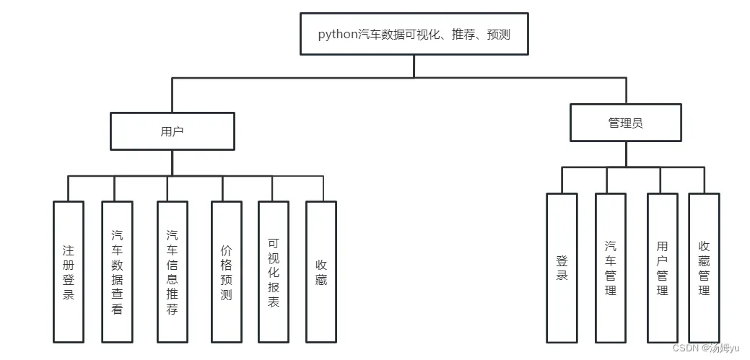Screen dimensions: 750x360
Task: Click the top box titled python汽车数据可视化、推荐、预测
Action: tap(414, 34)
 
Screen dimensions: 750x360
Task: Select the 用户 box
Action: tap(173, 131)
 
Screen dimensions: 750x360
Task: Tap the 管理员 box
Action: tap(626, 123)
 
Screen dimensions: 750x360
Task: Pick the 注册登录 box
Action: tap(69, 272)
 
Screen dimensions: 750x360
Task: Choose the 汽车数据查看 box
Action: tap(117, 272)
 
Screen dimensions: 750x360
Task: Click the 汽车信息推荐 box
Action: tap(173, 272)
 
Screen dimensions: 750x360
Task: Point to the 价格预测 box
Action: tap(226, 272)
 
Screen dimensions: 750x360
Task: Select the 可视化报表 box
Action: tap(274, 272)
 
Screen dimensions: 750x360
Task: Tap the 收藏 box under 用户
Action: tap(321, 272)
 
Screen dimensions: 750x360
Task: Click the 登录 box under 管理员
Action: tap(562, 268)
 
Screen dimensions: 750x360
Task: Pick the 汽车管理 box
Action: tap(611, 268)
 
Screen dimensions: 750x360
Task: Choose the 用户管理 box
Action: tap(663, 268)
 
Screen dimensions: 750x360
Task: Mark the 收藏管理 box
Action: tap(704, 268)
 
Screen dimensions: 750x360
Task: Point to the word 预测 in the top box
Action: tap(499, 35)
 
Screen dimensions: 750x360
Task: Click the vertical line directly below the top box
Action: tap(414, 66)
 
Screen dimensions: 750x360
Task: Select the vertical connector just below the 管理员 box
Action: tap(626, 154)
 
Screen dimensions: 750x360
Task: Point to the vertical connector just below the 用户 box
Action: tap(173, 163)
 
